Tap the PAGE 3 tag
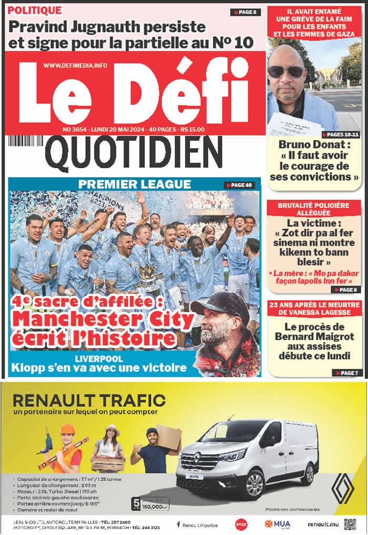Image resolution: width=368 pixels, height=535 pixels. click(245, 12)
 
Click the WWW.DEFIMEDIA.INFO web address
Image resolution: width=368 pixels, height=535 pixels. click(75, 65)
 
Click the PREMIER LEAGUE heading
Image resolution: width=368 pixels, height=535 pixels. click(134, 184)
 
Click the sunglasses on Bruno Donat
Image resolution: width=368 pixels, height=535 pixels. click(286, 71)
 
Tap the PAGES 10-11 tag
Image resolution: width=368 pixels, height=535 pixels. click(342, 135)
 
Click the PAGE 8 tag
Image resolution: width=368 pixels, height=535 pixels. click(347, 289)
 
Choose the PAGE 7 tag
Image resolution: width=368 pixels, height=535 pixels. click(347, 373)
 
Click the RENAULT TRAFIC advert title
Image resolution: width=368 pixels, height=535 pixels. click(89, 401)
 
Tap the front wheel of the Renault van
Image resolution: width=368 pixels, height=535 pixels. click(254, 484)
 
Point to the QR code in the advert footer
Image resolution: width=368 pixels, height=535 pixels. click(350, 524)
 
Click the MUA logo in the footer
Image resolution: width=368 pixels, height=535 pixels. click(277, 524)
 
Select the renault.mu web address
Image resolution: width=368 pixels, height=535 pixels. click(322, 524)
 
